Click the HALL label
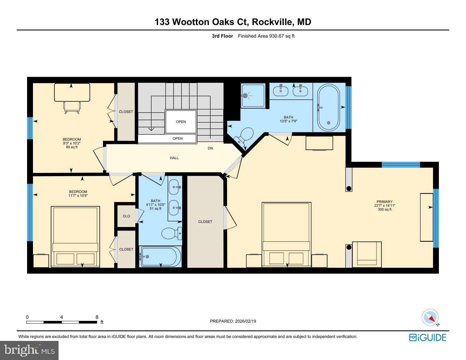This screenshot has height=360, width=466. pos(174,158)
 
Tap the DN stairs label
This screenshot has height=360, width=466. pos(210,148)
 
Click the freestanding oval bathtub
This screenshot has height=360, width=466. pos(328,108)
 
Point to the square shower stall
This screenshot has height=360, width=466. pos(253,96)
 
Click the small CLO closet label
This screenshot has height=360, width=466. pos(126,216)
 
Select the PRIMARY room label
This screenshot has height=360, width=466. pos(385,202)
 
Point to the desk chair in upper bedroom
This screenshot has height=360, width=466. pos(72,107)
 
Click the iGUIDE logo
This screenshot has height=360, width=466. pos(427,337)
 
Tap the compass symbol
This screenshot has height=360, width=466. pos(430,318)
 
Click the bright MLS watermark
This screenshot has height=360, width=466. pos(29,351)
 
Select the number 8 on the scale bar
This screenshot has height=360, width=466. pos(97,317)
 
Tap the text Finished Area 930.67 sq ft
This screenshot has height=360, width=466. pos(266,36)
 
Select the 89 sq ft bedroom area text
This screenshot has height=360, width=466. pos(71,147)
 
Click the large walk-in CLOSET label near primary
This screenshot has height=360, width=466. pos(205,222)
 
